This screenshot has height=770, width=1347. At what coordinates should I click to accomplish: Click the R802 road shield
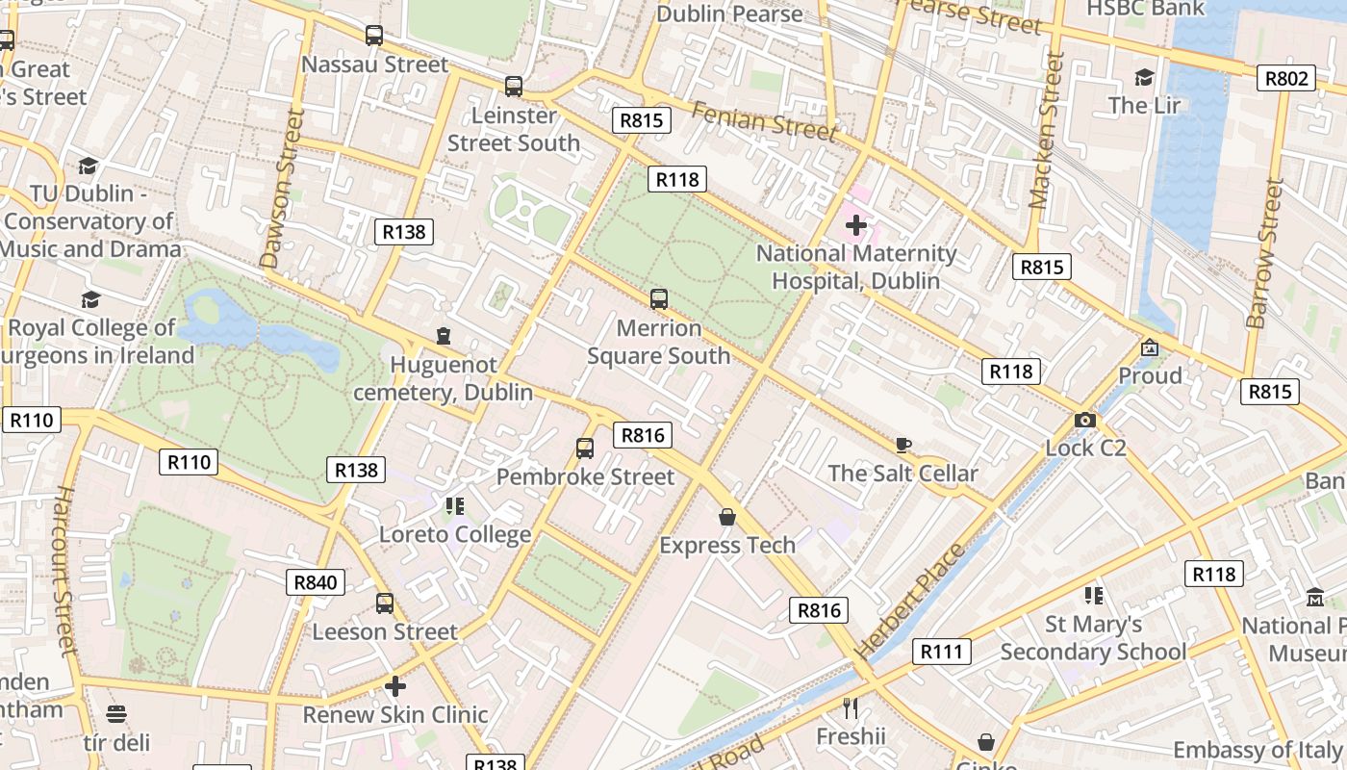pyautogui.click(x=1286, y=78)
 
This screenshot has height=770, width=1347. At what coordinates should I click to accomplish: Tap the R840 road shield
pyautogui.click(x=316, y=582)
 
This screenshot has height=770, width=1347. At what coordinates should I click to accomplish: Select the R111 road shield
pyautogui.click(x=941, y=652)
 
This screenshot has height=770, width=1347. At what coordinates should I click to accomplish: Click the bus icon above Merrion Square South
pyautogui.click(x=659, y=299)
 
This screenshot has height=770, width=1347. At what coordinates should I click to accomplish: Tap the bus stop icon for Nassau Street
pyautogui.click(x=374, y=37)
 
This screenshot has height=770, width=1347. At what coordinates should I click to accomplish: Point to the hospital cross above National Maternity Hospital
pyautogui.click(x=855, y=226)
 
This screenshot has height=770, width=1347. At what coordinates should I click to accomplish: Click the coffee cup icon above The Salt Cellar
pyautogui.click(x=902, y=445)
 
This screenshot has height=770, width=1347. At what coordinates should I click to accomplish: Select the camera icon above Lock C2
pyautogui.click(x=1085, y=420)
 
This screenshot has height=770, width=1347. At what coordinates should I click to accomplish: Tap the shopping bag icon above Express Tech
pyautogui.click(x=727, y=518)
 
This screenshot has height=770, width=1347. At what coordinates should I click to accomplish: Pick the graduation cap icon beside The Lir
pyautogui.click(x=1144, y=78)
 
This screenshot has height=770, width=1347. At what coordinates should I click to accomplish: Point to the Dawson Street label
pyautogui.click(x=283, y=188)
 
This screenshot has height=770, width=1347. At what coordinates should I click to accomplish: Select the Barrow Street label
pyautogui.click(x=1265, y=253)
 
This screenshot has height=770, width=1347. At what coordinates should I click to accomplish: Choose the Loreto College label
pyautogui.click(x=455, y=534)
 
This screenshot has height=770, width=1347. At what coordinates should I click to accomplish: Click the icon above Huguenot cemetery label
pyautogui.click(x=443, y=336)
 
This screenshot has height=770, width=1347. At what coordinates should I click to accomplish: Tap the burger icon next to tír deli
pyautogui.click(x=116, y=714)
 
